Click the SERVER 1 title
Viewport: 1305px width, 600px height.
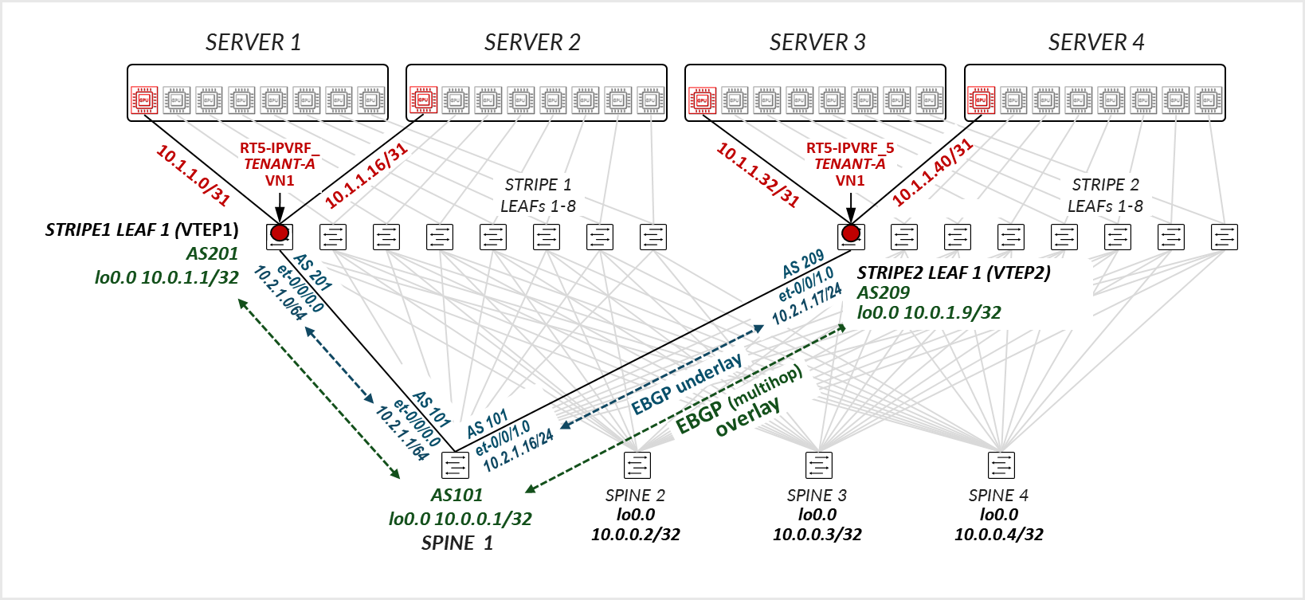[x=253, y=42]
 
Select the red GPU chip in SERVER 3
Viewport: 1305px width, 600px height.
[x=702, y=100]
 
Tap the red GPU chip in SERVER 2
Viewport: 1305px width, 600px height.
[x=423, y=100]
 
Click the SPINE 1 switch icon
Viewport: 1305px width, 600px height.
[x=455, y=465]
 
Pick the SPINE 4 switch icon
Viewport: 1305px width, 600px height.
[x=1001, y=465]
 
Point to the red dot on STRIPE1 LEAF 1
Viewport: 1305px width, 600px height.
[x=279, y=233]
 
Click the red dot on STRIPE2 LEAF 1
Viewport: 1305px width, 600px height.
[x=851, y=233]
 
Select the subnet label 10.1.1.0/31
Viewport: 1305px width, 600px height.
[x=193, y=175]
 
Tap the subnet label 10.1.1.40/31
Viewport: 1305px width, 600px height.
[x=932, y=172]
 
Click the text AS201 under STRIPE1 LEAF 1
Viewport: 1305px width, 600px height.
[x=212, y=254]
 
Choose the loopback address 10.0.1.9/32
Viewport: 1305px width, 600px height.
[x=929, y=313]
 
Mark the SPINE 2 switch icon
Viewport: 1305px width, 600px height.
[x=637, y=465]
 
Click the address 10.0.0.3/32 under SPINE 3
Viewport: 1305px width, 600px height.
[x=817, y=535]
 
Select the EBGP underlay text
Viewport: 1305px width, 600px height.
[x=686, y=384]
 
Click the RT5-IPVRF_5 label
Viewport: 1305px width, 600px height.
[x=849, y=148]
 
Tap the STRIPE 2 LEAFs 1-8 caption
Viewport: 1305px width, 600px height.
[x=1105, y=195]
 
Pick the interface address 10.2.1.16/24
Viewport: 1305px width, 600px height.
[x=519, y=451]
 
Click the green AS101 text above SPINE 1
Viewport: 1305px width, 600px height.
[x=457, y=496]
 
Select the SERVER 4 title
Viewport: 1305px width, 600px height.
[x=1095, y=42]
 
